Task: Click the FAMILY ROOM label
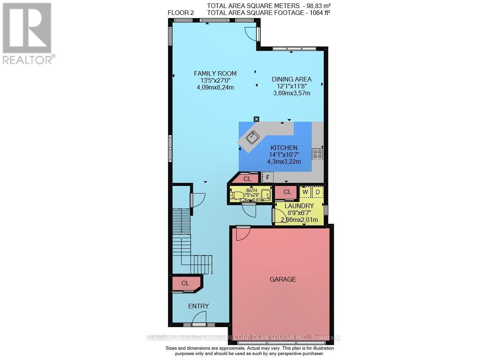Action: [x=215, y=73]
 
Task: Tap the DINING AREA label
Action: [x=292, y=79]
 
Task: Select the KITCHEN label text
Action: [x=284, y=148]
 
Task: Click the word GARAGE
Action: [x=283, y=279]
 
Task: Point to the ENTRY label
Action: [x=198, y=306]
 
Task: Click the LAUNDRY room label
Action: [x=299, y=206]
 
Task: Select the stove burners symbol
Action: [x=318, y=154]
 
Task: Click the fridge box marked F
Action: [x=268, y=178]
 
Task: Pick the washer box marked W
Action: [x=305, y=192]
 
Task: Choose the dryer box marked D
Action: [x=317, y=192]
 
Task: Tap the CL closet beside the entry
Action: [x=185, y=283]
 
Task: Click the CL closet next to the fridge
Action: [x=247, y=179]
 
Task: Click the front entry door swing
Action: [x=199, y=318]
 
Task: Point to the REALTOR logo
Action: [x=27, y=32]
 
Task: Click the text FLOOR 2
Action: [x=181, y=13]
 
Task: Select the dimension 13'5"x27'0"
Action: [x=215, y=80]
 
